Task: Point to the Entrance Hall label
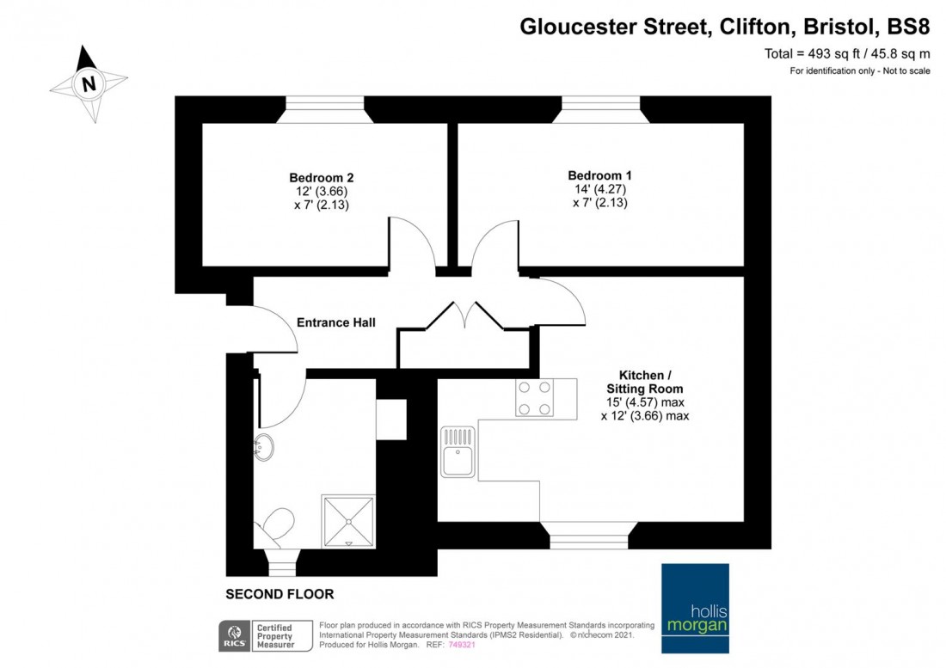[x=336, y=322]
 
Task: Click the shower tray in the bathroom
[x=348, y=521]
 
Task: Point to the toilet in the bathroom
[x=277, y=526]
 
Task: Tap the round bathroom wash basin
[x=265, y=447]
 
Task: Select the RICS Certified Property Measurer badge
[x=257, y=634]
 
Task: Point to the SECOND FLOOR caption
[x=279, y=594]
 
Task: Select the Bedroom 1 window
[x=600, y=108]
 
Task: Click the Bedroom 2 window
[x=326, y=108]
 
